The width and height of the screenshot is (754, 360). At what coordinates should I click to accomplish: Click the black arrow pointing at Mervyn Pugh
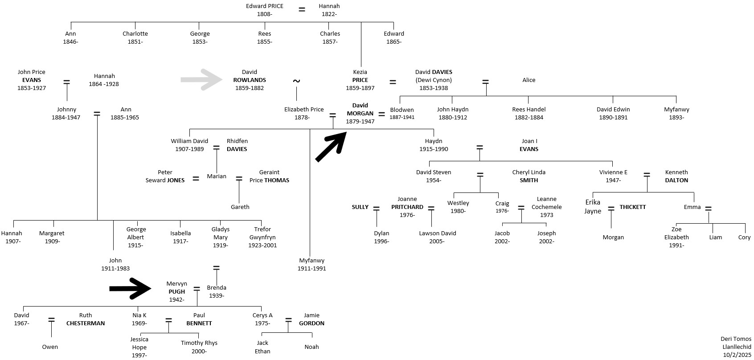pyautogui.click(x=131, y=288)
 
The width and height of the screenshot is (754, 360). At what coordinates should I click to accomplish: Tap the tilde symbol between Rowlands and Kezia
pyautogui.click(x=296, y=81)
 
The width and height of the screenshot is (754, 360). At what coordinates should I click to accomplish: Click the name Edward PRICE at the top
pyautogui.click(x=264, y=6)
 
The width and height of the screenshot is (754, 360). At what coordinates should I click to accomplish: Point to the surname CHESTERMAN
pyautogui.click(x=86, y=323)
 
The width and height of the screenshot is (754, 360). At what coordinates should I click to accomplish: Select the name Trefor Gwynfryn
pyautogui.click(x=262, y=233)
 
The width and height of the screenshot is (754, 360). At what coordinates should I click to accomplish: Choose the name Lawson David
pyautogui.click(x=437, y=233)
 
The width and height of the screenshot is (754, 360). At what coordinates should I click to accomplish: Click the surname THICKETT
pyautogui.click(x=632, y=207)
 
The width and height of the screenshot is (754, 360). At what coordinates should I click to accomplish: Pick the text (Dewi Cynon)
pyautogui.click(x=434, y=80)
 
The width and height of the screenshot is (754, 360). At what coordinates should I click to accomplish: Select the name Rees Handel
pyautogui.click(x=529, y=110)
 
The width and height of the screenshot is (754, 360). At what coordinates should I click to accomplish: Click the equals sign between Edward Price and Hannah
pyautogui.click(x=302, y=9)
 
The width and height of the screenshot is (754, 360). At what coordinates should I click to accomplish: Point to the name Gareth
pyautogui.click(x=240, y=207)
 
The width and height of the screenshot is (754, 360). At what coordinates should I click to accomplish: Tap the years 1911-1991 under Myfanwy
pyautogui.click(x=311, y=269)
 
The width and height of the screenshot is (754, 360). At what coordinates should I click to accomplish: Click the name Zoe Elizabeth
pyautogui.click(x=676, y=233)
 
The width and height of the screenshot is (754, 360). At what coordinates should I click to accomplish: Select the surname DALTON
pyautogui.click(x=676, y=180)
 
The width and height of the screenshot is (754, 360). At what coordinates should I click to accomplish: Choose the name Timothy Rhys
pyautogui.click(x=199, y=343)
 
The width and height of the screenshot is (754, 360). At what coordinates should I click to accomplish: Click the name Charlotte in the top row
pyautogui.click(x=135, y=34)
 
